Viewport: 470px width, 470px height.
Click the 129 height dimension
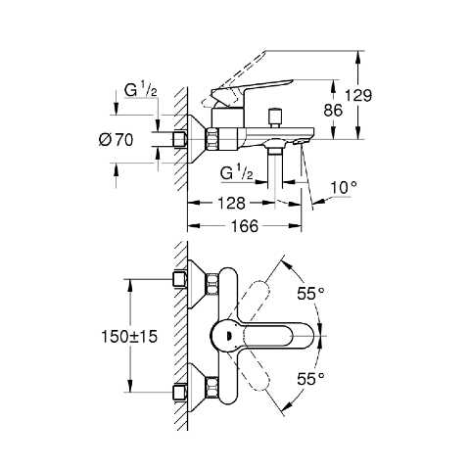pyautogui.click(x=358, y=96)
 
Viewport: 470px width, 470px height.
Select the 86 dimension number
pyautogui.click(x=333, y=111)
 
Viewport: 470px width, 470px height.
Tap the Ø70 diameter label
pyautogui.click(x=116, y=140)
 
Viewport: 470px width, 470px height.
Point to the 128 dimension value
pyautogui.click(x=231, y=204)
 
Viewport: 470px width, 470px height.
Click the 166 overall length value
pyautogui.click(x=245, y=226)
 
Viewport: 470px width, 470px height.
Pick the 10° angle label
pyautogui.click(x=344, y=188)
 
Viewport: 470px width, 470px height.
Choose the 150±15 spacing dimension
pyautogui.click(x=129, y=337)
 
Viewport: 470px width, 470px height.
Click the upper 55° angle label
pyautogui.click(x=310, y=294)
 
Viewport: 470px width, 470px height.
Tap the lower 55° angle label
pyautogui.click(x=310, y=379)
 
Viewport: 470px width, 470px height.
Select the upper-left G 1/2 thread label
pyautogui.click(x=141, y=90)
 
